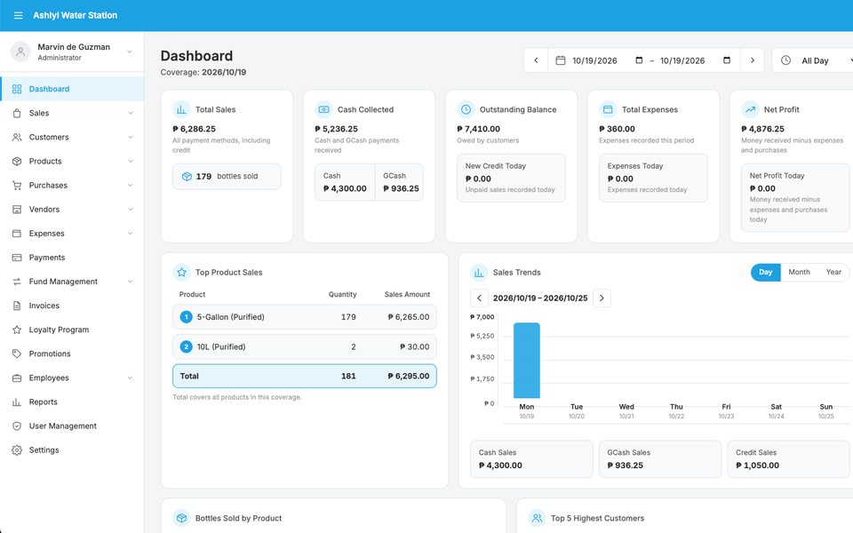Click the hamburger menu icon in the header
18,15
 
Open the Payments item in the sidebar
47,258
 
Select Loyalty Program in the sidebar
59,330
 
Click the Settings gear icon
17,450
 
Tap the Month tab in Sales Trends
799,272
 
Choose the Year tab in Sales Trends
833,272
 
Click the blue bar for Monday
527,361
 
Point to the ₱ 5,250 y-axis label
482,336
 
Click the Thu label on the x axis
676,407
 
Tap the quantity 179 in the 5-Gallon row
348,317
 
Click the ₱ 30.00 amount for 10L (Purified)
415,347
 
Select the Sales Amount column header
407,294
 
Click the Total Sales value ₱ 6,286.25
195,129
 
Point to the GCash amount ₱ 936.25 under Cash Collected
401,188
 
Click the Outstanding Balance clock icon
466,109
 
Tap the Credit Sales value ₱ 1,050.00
757,465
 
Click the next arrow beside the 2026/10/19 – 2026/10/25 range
602,298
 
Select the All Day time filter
815,61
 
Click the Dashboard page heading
196,56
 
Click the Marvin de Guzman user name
74,47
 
